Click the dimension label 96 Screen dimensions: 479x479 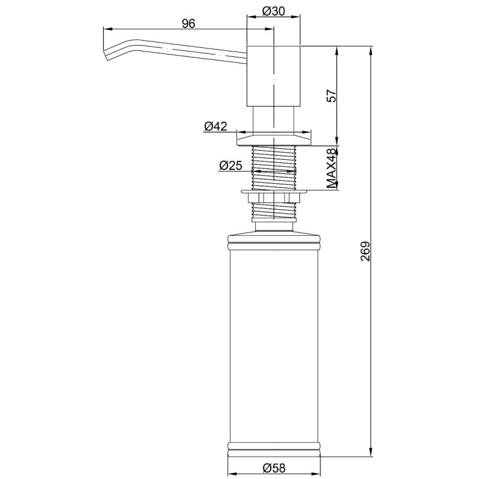(x=189, y=23)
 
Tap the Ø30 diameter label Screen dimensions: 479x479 (x=274, y=11)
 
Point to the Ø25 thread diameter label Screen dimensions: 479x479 (x=231, y=166)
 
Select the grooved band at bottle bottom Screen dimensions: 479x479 (x=274, y=447)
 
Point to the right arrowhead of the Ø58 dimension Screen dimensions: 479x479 (x=319, y=460)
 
